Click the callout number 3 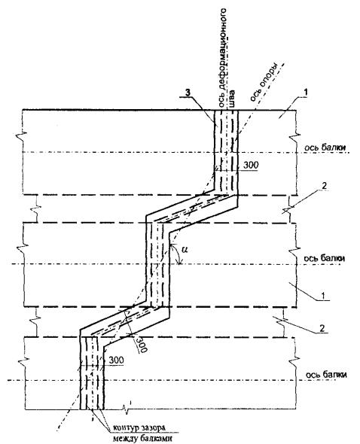click(188, 93)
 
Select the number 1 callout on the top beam click(306, 93)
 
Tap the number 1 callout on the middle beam click(322, 296)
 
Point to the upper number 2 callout click(325, 185)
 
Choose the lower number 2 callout click(322, 328)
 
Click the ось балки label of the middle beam click(325, 258)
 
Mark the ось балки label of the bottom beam click(326, 374)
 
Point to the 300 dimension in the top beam click(251, 165)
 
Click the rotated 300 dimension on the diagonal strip click(141, 343)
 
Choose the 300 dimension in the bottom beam click(116, 360)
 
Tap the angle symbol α click(185, 249)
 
